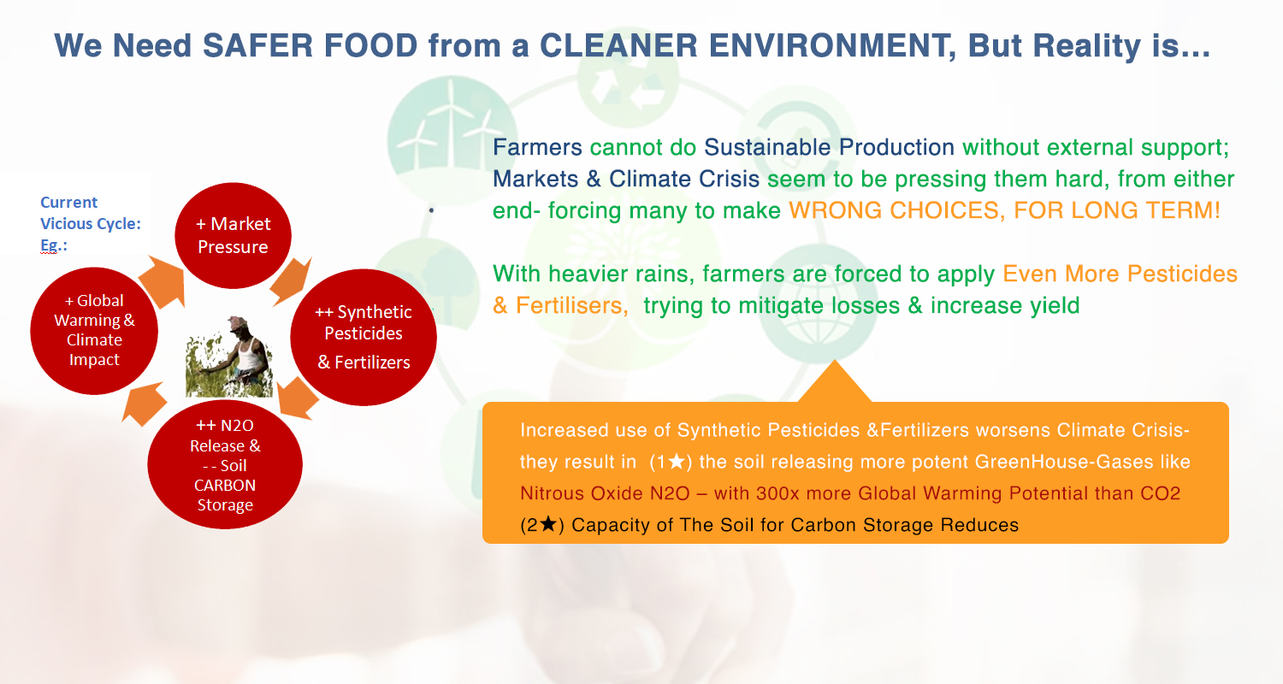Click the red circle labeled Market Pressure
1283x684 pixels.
point(234,235)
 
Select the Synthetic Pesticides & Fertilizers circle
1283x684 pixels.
point(364,337)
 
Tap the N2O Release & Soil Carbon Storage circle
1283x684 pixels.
point(225,464)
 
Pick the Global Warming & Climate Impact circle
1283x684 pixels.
point(94,330)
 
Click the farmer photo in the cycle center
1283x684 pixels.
point(229,357)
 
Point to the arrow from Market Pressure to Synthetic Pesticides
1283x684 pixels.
point(291,281)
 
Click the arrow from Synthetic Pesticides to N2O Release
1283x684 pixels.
point(298,399)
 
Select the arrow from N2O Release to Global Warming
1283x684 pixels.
point(144,404)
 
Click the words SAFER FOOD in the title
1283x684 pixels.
point(310,46)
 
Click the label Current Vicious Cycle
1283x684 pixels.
point(91,213)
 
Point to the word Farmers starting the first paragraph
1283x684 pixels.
point(537,148)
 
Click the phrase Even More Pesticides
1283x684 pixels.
point(1120,274)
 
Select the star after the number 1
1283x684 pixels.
point(677,462)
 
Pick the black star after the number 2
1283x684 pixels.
point(548,524)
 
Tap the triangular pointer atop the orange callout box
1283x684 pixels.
point(835,382)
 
